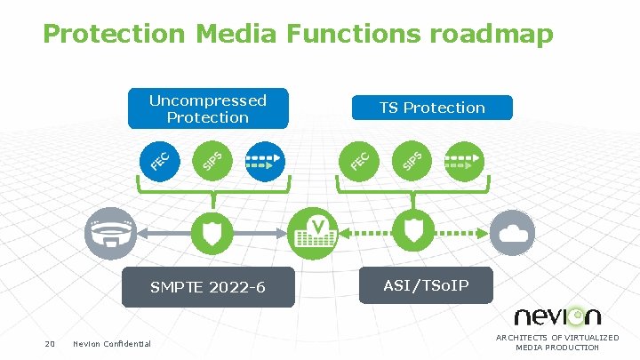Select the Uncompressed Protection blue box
coord(207,108)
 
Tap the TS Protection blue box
coord(432,108)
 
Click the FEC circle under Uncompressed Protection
coord(161,160)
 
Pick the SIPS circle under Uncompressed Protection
coord(212,160)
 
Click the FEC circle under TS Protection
coord(360,160)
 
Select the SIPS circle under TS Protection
coord(412,160)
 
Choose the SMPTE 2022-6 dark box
coord(207,287)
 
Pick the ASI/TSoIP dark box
coord(425,285)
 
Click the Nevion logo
coord(557,316)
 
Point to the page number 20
coord(50,344)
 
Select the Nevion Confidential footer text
coord(112,344)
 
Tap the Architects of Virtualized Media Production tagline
coord(557,342)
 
